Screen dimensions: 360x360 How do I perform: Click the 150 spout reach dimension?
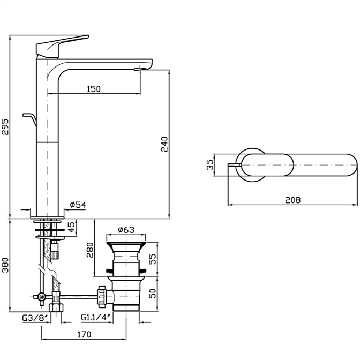(93, 89)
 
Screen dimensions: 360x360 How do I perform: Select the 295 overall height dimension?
(5, 126)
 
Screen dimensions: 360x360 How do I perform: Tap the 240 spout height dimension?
(164, 144)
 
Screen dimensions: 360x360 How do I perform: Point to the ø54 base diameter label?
(78, 205)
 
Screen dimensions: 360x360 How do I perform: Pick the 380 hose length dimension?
(5, 267)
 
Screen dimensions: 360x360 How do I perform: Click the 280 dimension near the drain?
(91, 250)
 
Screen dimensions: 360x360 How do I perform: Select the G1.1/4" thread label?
(96, 318)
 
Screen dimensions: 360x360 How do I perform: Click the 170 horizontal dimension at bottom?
(84, 334)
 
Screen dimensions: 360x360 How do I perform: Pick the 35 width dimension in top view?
(210, 165)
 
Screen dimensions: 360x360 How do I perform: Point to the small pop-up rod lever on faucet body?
(29, 115)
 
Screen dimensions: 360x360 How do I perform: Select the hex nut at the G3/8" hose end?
(55, 308)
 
